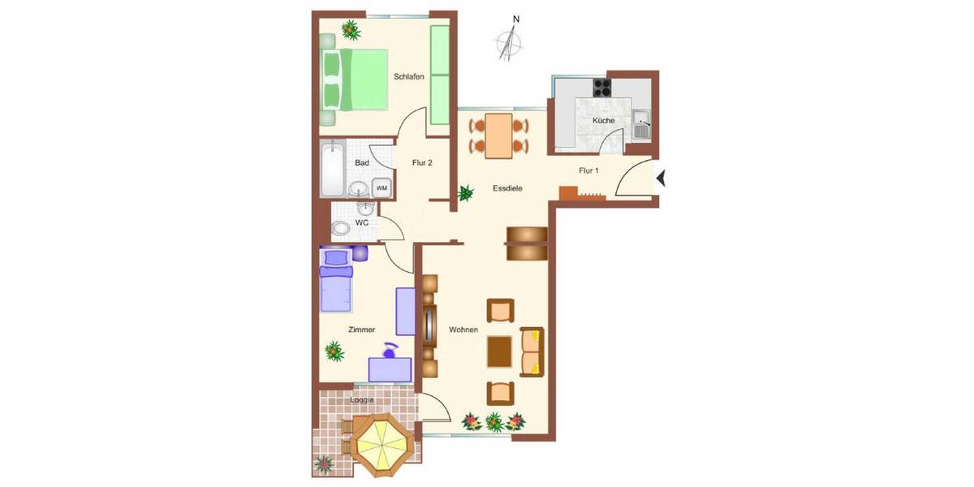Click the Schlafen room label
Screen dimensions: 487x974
(x=409, y=77)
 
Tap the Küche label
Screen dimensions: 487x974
(x=603, y=120)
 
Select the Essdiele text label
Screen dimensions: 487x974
(x=507, y=188)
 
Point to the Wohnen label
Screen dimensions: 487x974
(x=463, y=330)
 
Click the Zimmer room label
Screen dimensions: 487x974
(x=361, y=330)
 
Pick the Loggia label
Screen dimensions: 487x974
(x=362, y=400)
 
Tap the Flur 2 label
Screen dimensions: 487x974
(x=422, y=162)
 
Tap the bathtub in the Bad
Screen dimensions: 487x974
(x=333, y=170)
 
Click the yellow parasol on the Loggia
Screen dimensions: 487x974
(x=379, y=444)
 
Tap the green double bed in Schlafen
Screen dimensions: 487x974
(x=357, y=80)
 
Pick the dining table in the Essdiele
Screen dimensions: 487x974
(x=498, y=136)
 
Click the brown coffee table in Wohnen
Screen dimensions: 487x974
(x=499, y=351)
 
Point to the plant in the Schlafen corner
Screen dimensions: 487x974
(x=351, y=30)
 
